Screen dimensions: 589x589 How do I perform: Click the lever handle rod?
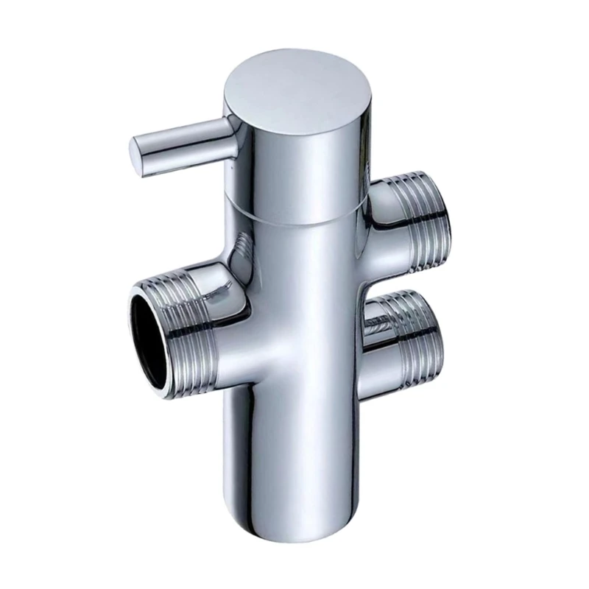(184, 144)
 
